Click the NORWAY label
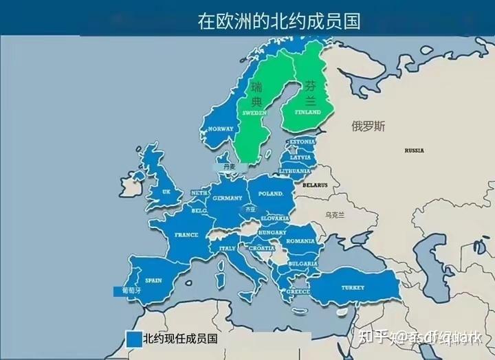click(221, 128)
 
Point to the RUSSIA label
click(415, 149)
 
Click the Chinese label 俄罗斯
click(368, 126)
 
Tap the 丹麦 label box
click(228, 166)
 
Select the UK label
click(166, 192)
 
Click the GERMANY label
click(228, 198)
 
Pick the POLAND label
click(272, 194)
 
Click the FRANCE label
click(186, 234)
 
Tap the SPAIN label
click(153, 280)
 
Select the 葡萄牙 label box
click(130, 291)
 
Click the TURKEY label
click(353, 287)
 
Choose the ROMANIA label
click(300, 241)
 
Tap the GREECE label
click(298, 291)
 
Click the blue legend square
click(133, 339)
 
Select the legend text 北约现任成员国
click(180, 339)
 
